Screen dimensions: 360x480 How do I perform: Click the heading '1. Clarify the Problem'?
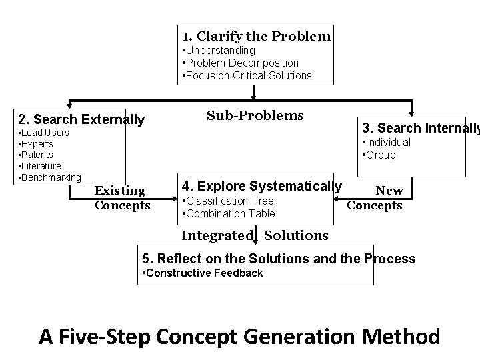[x=256, y=36]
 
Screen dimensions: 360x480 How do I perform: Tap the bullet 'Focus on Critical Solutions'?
[x=247, y=75]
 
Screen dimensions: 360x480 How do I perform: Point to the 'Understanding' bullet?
[x=219, y=50]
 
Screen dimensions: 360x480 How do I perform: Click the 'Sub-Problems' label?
[x=255, y=115]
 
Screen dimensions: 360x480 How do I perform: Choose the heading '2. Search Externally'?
[x=81, y=120]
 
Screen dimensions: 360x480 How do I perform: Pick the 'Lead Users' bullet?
[x=44, y=133]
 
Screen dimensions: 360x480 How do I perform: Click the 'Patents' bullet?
[x=37, y=155]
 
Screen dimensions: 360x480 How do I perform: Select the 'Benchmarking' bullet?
[x=50, y=177]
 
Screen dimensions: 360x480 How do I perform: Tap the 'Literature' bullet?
[x=41, y=166]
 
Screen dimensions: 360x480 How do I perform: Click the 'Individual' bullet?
[x=386, y=142]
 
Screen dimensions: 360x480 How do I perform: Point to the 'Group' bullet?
[x=379, y=155]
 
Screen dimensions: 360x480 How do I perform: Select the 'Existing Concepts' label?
[x=122, y=198]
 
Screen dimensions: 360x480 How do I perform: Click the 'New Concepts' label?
[x=375, y=198]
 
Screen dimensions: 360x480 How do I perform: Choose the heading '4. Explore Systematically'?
[x=262, y=186]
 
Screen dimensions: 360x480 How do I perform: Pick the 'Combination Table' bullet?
[x=229, y=213]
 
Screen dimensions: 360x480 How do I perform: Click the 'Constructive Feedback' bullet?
[x=203, y=273]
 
